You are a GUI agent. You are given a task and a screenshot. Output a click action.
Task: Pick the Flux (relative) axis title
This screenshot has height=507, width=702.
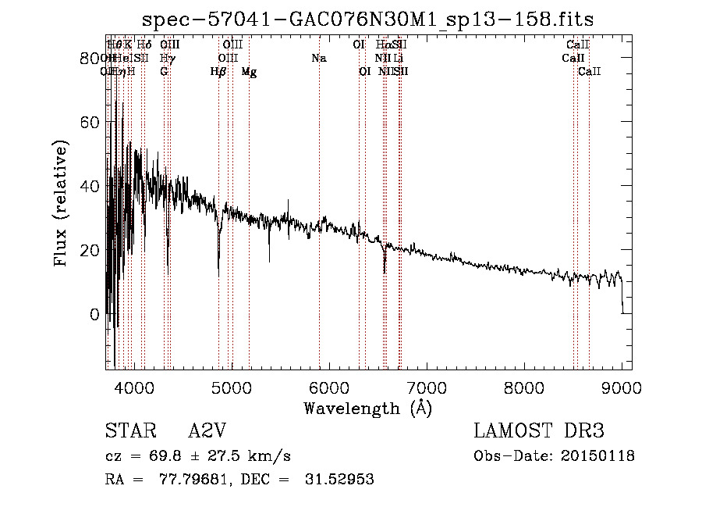coord(62,202)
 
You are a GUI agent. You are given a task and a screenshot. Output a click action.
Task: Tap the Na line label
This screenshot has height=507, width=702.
coord(318,58)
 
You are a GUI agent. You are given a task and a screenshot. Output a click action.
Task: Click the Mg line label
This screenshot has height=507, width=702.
coord(249,72)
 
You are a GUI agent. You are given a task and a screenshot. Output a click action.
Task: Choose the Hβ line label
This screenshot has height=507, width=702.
coord(218,72)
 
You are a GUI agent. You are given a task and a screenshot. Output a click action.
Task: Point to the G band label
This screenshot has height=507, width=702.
coord(164,72)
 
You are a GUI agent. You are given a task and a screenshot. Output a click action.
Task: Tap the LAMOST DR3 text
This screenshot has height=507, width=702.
coord(539,430)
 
